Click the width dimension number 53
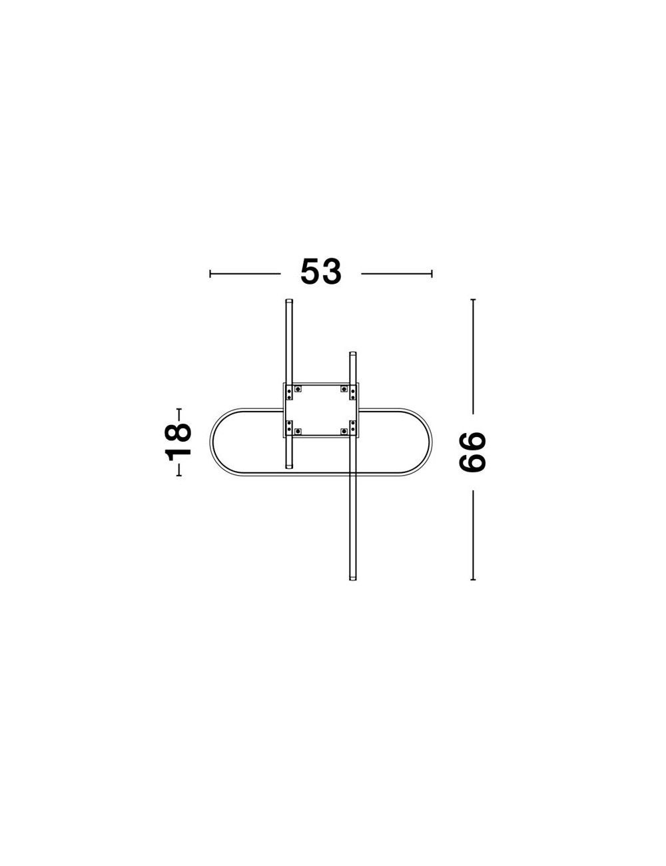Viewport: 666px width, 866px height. point(320,271)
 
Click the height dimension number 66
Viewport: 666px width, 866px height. point(472,452)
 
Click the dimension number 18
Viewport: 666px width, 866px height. point(178,442)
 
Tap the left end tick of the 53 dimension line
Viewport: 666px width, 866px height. point(210,273)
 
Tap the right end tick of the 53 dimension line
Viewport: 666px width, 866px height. point(432,273)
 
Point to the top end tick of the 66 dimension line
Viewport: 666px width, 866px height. point(473,299)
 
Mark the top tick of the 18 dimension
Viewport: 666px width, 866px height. point(179,409)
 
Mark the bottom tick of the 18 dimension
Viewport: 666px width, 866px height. point(179,476)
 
